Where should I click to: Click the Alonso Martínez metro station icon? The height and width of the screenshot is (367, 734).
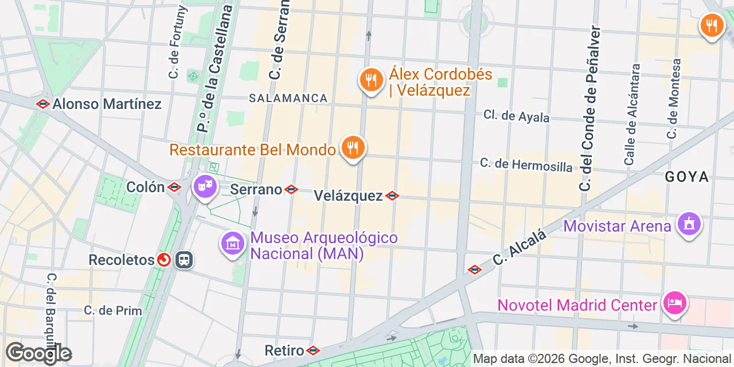pyautogui.click(x=42, y=104)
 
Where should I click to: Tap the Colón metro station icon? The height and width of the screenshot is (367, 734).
pyautogui.click(x=174, y=188)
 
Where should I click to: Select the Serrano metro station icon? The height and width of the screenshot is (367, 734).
pyautogui.click(x=291, y=189)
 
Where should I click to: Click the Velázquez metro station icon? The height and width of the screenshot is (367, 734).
pyautogui.click(x=392, y=196)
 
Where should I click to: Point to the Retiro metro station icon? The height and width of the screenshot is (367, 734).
pyautogui.click(x=313, y=350)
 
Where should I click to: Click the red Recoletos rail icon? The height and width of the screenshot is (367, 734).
pyautogui.click(x=164, y=260)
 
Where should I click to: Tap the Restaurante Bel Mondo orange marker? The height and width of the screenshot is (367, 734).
pyautogui.click(x=353, y=148)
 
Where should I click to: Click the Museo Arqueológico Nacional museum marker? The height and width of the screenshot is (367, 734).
pyautogui.click(x=233, y=244)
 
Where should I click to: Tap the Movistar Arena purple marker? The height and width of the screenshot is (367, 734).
pyautogui.click(x=689, y=224)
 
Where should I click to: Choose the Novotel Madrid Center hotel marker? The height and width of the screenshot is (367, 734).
pyautogui.click(x=675, y=303)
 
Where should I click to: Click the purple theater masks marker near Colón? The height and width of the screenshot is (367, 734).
pyautogui.click(x=205, y=186)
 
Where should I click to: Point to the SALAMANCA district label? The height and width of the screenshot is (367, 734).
pyautogui.click(x=288, y=99)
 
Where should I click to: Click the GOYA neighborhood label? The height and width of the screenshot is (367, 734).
pyautogui.click(x=687, y=177)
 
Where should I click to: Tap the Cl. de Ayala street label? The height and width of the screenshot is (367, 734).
pyautogui.click(x=516, y=116)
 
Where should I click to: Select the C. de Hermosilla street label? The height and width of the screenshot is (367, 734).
pyautogui.click(x=526, y=165)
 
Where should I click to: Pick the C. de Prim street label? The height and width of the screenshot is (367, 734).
pyautogui.click(x=113, y=310)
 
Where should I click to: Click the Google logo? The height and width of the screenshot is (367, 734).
pyautogui.click(x=38, y=353)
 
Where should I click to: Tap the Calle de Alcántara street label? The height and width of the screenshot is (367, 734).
pyautogui.click(x=633, y=115)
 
